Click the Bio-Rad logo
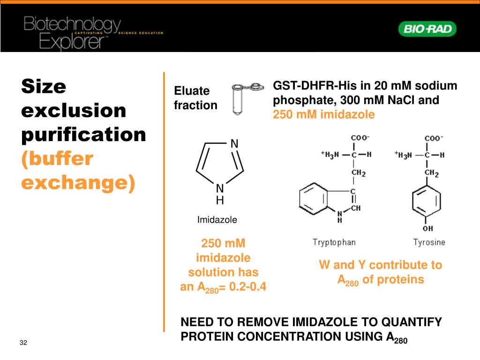pos(427,30)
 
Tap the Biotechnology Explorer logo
pos(73,33)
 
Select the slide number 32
pos(23,343)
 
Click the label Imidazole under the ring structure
pos(217,219)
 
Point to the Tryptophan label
pos(334,242)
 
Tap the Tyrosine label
pos(429,242)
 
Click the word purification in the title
pos(84,135)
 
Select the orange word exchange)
pos(78,182)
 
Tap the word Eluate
pos(192,91)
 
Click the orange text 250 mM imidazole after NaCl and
pos(324,114)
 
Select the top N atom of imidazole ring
pos(234,143)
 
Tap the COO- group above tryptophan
pos(360,138)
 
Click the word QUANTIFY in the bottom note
pos(411,322)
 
